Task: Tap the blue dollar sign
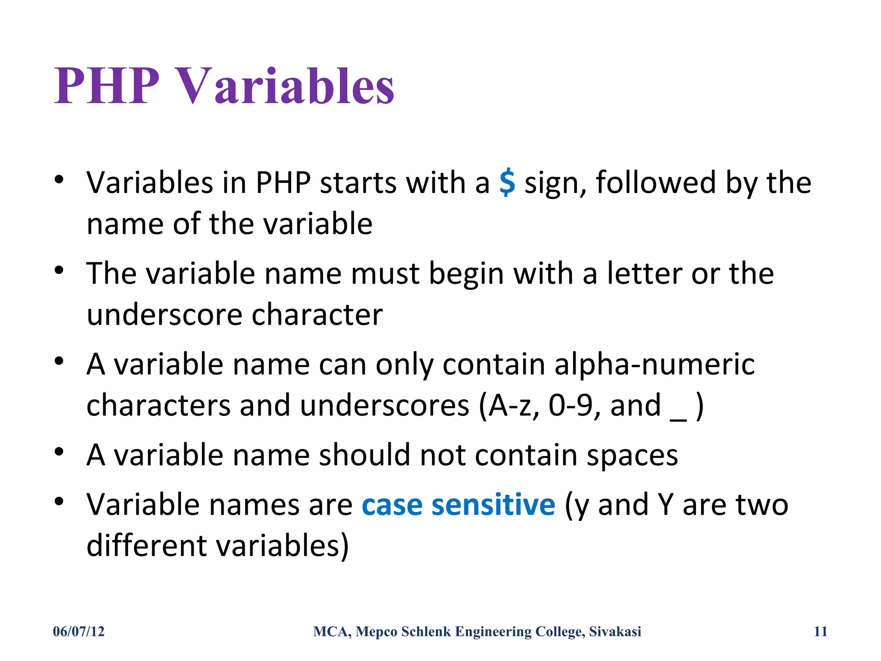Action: pyautogui.click(x=507, y=182)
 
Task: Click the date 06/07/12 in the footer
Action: pyautogui.click(x=79, y=631)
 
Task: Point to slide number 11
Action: pyautogui.click(x=820, y=631)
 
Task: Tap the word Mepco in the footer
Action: pyautogui.click(x=376, y=631)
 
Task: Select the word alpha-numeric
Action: pyautogui.click(x=654, y=364)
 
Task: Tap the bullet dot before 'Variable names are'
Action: pyautogui.click(x=59, y=501)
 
